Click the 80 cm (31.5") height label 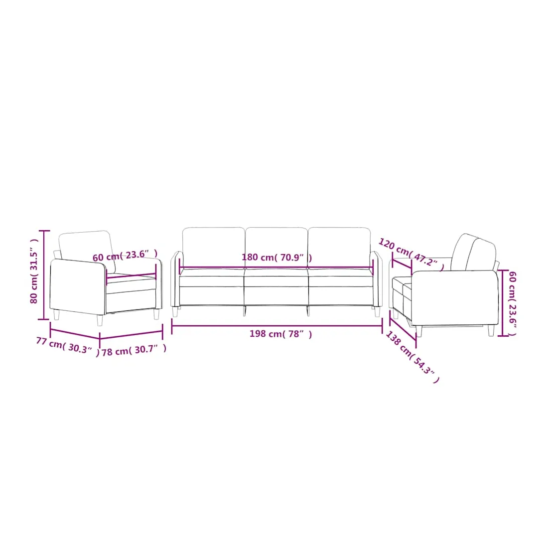pos(33,272)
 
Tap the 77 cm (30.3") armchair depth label pos(68,347)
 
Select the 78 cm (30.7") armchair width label pos(134,350)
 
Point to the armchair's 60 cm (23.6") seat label pos(125,256)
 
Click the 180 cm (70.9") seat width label pos(277,258)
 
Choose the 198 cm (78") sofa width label pos(280,334)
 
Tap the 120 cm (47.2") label pos(411,253)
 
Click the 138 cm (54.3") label pos(412,357)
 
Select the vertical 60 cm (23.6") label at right pos(512,303)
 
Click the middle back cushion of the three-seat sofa pos(276,248)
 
